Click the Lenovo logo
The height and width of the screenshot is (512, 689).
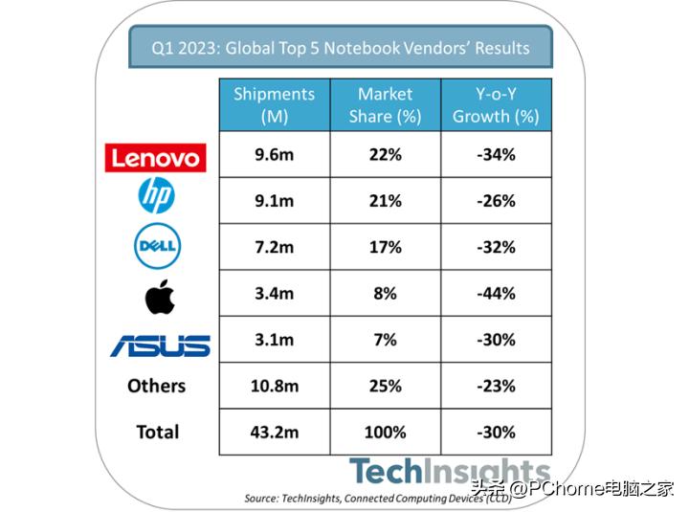[156, 156]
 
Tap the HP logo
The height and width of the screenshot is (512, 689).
[156, 198]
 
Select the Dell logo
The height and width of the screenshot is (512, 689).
[156, 247]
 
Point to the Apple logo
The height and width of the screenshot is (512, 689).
[159, 297]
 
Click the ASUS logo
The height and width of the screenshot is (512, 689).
[160, 345]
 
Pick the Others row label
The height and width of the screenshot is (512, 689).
[156, 386]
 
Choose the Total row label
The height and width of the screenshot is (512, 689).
[158, 432]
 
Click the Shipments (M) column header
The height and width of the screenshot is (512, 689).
[275, 105]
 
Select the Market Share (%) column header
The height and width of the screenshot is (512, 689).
[385, 105]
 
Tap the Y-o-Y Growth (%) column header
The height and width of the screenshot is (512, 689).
[496, 105]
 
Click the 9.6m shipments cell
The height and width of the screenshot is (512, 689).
[275, 154]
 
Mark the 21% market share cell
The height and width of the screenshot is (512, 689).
[385, 201]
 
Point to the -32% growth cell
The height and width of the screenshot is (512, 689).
[496, 247]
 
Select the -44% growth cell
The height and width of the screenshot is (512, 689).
[496, 294]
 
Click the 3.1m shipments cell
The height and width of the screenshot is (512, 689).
[275, 340]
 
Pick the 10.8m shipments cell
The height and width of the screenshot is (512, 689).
[275, 386]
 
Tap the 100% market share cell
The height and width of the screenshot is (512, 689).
[385, 432]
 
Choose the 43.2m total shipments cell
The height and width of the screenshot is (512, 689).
[275, 432]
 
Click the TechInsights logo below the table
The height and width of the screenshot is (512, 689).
[449, 471]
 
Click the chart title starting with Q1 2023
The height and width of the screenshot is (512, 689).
[342, 47]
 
